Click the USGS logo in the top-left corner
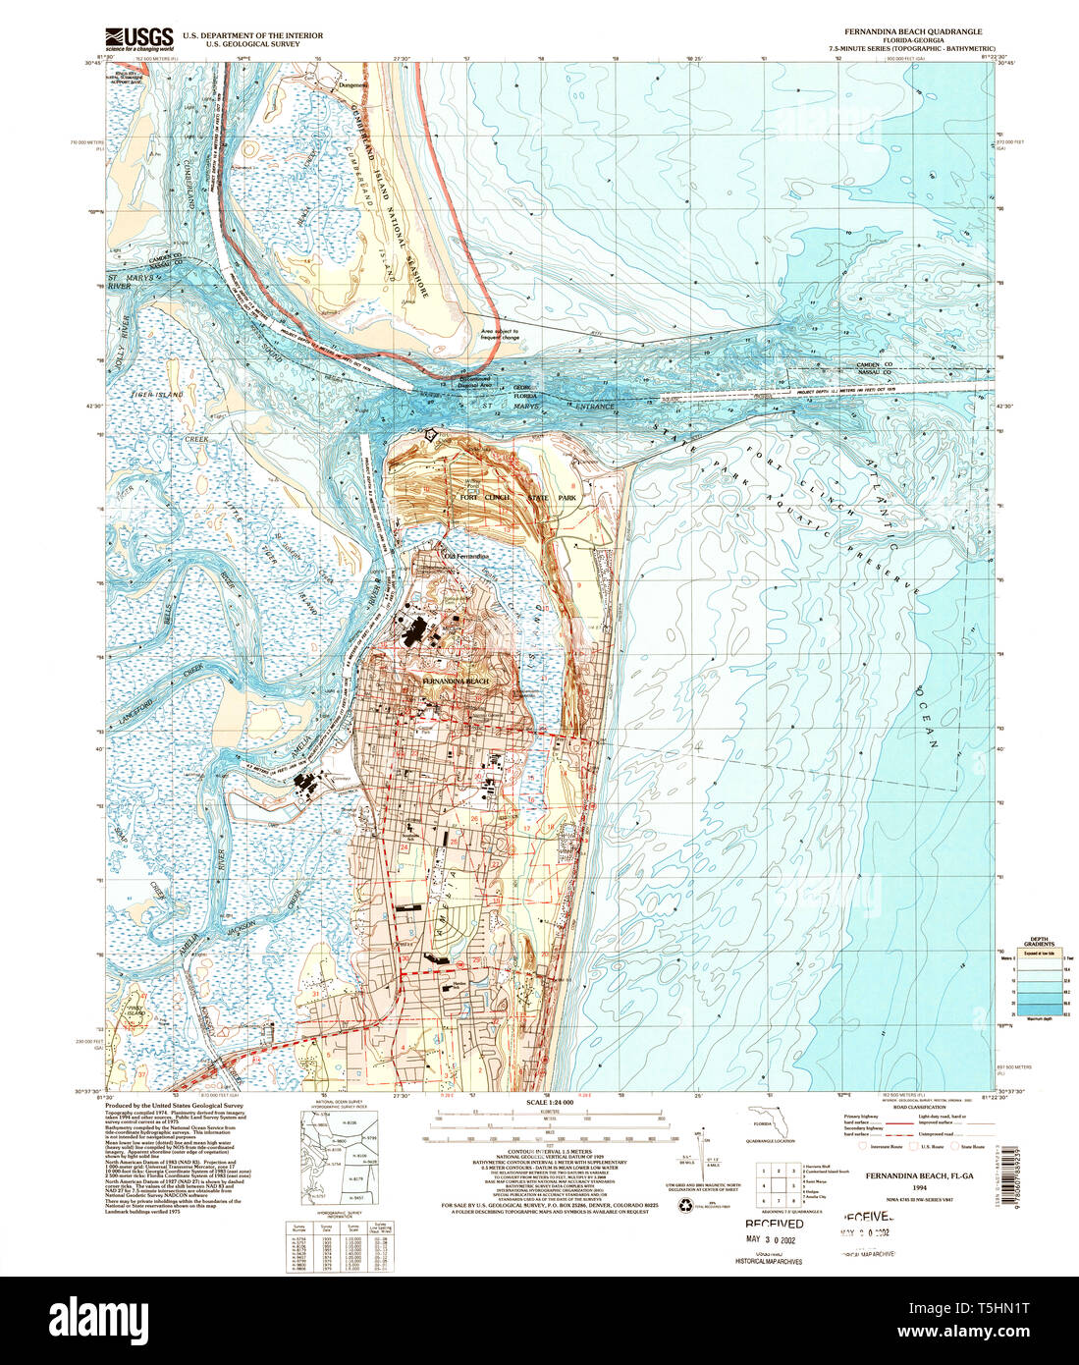click(x=139, y=38)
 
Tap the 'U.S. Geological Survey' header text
click(x=263, y=44)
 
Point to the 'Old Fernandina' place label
click(x=465, y=557)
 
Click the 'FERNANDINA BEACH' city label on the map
click(x=455, y=681)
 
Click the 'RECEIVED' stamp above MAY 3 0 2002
click(x=774, y=1224)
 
